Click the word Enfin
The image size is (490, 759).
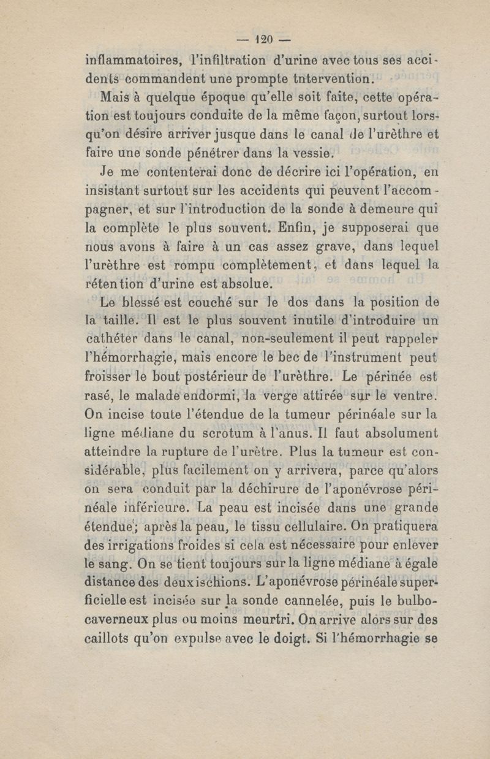tap(296, 231)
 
